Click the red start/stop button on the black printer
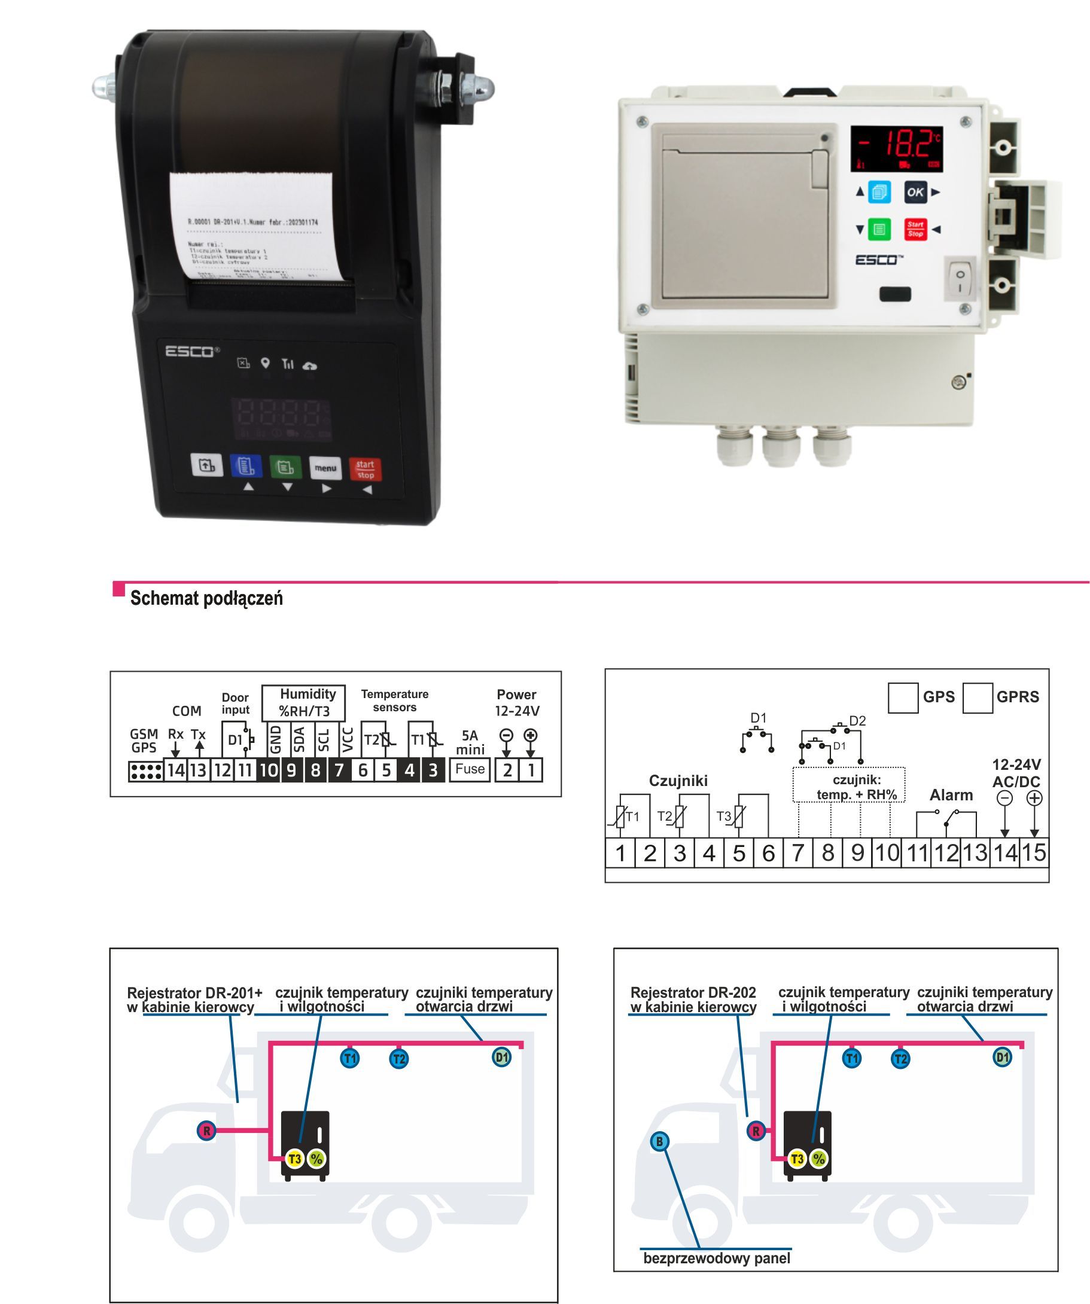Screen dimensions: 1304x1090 click(365, 469)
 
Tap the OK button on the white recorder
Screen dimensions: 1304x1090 click(915, 192)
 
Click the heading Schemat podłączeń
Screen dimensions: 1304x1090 click(206, 599)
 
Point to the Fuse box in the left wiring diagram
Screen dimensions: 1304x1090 click(470, 769)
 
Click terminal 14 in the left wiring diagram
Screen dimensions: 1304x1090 click(176, 770)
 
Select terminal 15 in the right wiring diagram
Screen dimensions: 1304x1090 click(1034, 852)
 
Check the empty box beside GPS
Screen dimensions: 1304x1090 click(903, 698)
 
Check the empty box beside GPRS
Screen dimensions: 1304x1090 click(977, 698)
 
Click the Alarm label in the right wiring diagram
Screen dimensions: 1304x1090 click(951, 795)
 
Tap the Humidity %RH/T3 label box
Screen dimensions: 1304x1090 click(304, 702)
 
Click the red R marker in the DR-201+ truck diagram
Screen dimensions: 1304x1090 click(206, 1131)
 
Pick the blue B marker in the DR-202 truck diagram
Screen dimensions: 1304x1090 click(660, 1141)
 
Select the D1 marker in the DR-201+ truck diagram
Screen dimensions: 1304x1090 click(502, 1057)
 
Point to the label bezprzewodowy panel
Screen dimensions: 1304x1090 click(717, 1259)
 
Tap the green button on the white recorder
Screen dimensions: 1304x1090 click(879, 229)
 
